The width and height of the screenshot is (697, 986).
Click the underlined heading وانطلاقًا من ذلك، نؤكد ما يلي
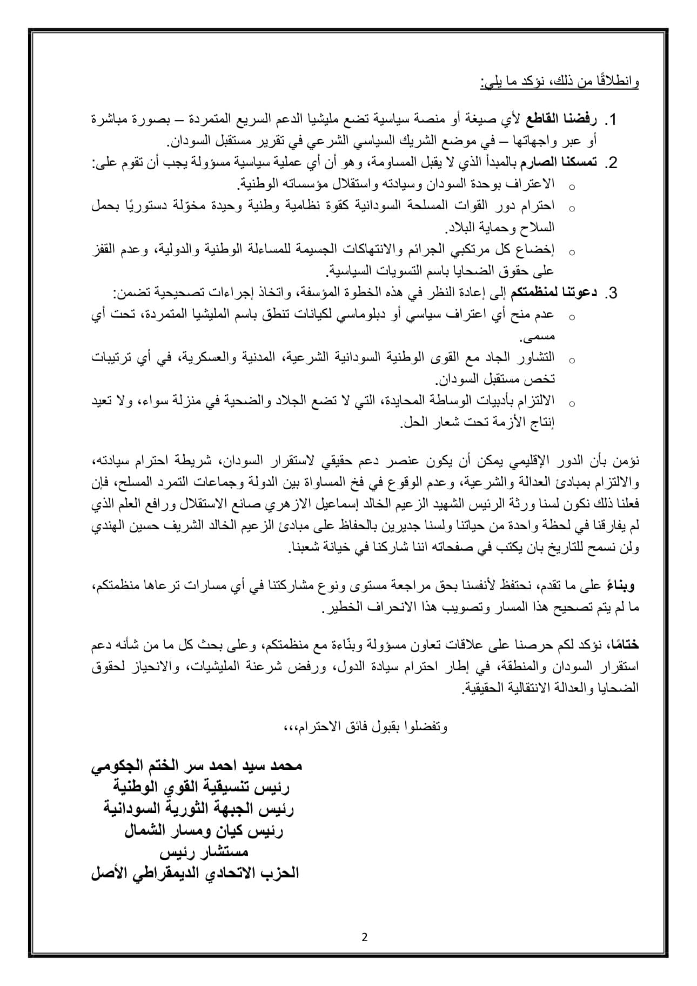click(559, 83)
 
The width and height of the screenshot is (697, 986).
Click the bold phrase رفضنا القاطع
click(568, 119)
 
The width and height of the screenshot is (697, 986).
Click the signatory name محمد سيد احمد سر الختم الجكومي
click(196, 766)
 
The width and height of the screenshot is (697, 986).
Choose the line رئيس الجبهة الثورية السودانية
click(199, 809)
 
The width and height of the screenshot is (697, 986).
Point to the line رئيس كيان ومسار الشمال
click(204, 830)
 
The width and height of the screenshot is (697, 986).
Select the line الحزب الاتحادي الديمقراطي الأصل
click(195, 873)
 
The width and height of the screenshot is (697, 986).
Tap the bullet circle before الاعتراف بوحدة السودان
click(572, 186)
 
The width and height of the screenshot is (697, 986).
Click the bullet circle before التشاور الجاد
click(572, 359)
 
